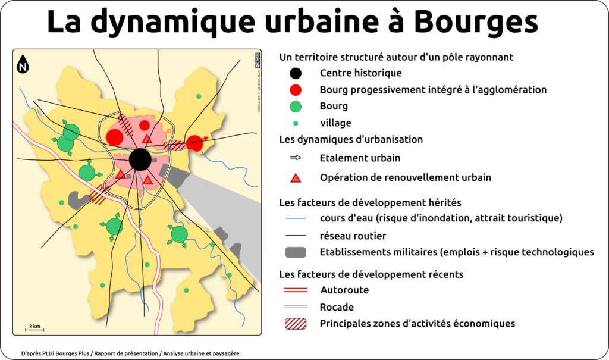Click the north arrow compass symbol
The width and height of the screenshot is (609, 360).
click(x=23, y=64)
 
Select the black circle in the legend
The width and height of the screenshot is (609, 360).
click(x=296, y=74)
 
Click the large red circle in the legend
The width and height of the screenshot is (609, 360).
click(x=296, y=90)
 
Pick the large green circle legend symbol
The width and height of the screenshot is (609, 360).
click(x=296, y=107)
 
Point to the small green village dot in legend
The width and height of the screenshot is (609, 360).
click(x=296, y=123)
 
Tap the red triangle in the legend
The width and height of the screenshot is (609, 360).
click(x=296, y=177)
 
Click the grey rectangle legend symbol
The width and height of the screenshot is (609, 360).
click(x=296, y=252)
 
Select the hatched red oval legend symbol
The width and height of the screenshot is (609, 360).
click(x=296, y=324)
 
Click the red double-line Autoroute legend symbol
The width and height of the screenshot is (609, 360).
click(x=296, y=290)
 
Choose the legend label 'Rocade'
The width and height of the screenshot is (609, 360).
click(x=337, y=308)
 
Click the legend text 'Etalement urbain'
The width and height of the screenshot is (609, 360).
click(x=360, y=158)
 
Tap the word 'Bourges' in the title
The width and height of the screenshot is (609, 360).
click(x=475, y=23)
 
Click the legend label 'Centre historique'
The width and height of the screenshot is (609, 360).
click(x=360, y=74)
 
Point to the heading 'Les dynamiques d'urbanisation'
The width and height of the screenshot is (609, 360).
click(x=351, y=140)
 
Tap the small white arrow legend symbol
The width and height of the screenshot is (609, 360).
click(x=296, y=158)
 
